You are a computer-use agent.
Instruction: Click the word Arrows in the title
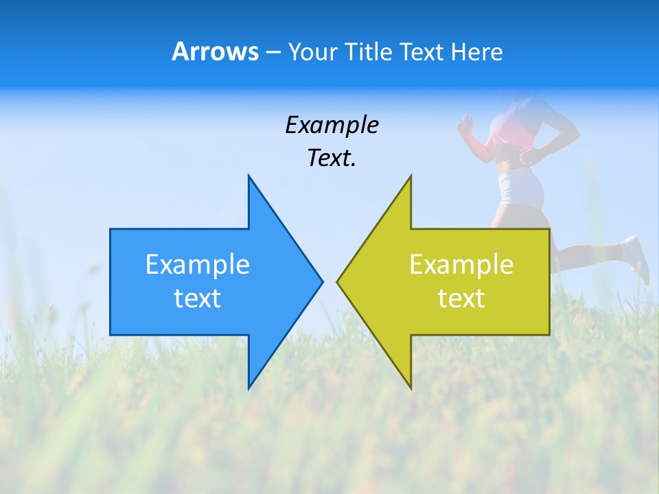216,51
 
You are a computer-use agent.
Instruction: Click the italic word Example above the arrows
332,126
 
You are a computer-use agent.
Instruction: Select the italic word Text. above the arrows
332,158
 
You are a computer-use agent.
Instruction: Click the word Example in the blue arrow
198,265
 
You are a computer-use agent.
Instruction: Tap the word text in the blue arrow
198,298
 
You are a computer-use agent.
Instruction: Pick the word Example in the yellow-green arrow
461,265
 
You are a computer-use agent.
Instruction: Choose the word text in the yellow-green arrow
461,298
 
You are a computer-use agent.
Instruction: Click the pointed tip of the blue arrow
321,281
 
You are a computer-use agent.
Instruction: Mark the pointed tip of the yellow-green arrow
338,281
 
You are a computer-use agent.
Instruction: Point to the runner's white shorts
520,189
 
